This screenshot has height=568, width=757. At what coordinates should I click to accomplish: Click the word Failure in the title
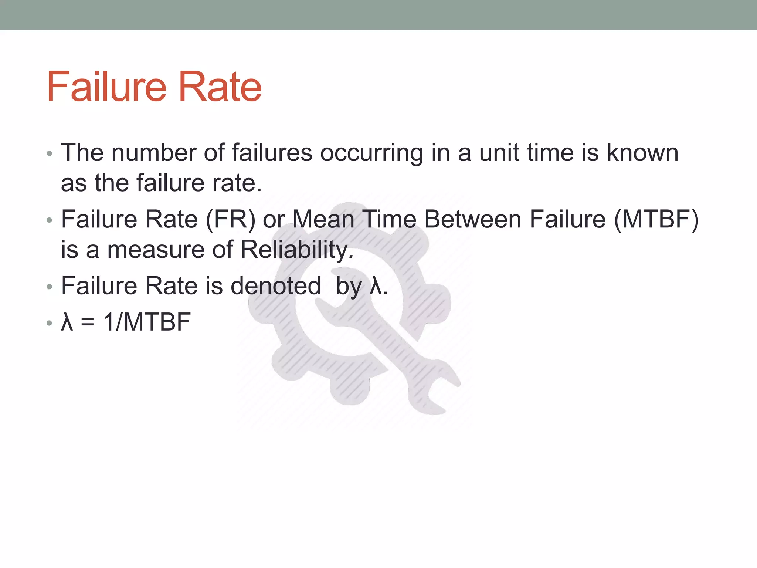[107, 87]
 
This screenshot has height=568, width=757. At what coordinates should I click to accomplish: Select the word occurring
[371, 153]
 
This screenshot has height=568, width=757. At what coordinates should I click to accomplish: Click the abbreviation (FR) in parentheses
[230, 220]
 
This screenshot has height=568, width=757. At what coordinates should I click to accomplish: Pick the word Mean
[324, 219]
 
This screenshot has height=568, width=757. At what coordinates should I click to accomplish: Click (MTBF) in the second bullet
[656, 220]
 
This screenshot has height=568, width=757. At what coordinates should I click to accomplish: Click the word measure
[156, 250]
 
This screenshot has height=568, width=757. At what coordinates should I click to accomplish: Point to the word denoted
[276, 286]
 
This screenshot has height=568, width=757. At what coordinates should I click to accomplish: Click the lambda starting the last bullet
[67, 322]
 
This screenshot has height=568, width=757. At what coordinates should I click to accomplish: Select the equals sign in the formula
[88, 322]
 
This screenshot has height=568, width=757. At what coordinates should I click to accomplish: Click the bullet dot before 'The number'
[50, 153]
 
